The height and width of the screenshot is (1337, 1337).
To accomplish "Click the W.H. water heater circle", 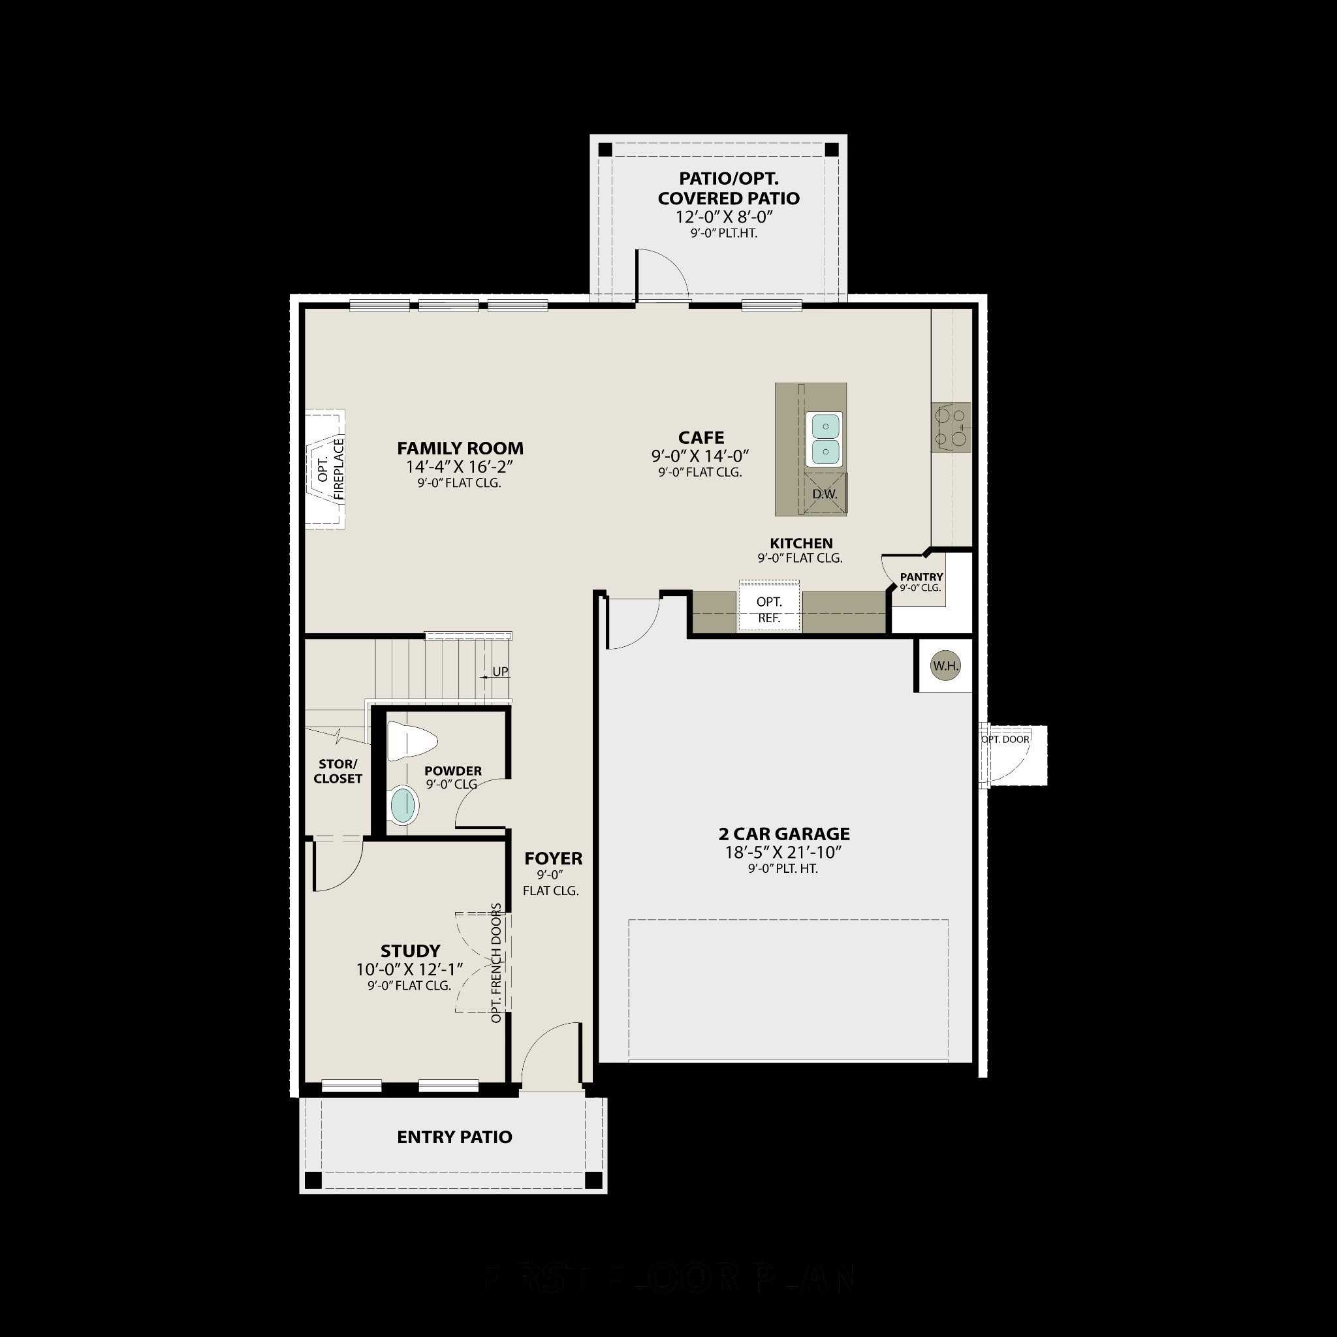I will [x=945, y=666].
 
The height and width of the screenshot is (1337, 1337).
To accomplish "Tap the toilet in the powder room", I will [x=411, y=741].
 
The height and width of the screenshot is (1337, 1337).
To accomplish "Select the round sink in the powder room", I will [x=404, y=806].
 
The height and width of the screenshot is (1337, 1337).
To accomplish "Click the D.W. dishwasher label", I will [x=825, y=494].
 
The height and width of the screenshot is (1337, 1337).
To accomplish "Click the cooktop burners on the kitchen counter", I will [x=951, y=427].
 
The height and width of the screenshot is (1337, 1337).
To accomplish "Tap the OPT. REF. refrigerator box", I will [x=769, y=609].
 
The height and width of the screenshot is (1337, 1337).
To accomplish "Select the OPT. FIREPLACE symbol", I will [x=325, y=469].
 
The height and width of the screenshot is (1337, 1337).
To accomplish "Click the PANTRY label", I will [x=921, y=576].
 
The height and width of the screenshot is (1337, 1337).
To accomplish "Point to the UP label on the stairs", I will [x=499, y=671].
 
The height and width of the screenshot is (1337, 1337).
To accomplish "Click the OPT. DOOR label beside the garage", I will [x=1005, y=739].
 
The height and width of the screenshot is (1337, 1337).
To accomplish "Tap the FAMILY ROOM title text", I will [x=460, y=448].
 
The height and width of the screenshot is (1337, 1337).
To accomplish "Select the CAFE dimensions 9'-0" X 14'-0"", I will [x=700, y=456].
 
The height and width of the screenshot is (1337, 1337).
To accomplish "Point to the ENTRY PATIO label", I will [x=454, y=1137].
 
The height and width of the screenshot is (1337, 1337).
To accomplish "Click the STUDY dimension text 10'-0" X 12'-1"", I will [x=410, y=969].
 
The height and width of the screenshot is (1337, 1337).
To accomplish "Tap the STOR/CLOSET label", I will [x=338, y=771].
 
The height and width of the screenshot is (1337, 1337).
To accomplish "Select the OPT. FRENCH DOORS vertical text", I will [x=496, y=963].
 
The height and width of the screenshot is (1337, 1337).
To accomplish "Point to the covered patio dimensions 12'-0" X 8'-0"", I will [x=724, y=217].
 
